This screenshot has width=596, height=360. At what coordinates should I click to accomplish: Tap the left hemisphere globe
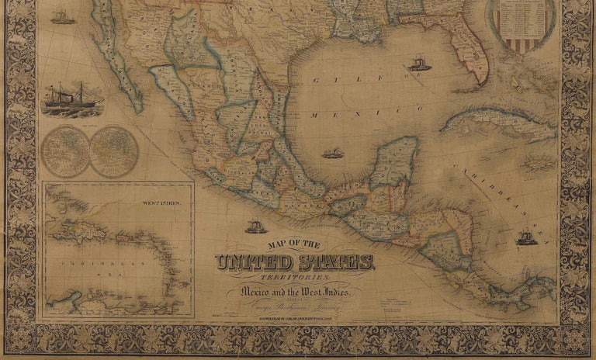[64, 151]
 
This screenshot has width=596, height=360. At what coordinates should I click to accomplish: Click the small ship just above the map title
[255, 227]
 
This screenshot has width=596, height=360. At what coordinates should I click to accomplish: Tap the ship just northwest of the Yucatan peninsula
[333, 153]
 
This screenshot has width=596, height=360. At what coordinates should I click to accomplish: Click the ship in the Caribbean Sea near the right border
[527, 236]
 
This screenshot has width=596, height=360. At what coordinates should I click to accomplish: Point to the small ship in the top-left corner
[63, 16]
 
